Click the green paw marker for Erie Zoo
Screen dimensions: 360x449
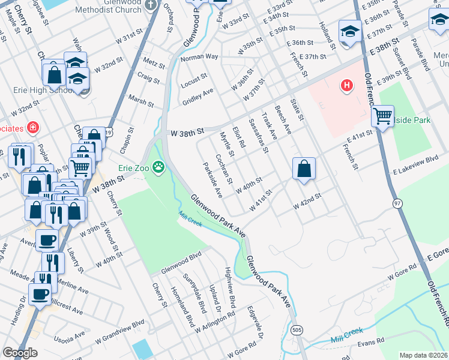pyautogui.click(x=158, y=167)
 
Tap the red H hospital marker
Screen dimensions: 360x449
pyautogui.click(x=346, y=86)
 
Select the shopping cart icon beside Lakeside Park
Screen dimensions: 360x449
pyautogui.click(x=382, y=115)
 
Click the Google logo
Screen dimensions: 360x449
pyautogui.click(x=20, y=353)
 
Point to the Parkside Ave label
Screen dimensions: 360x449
pyautogui.click(x=212, y=180)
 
